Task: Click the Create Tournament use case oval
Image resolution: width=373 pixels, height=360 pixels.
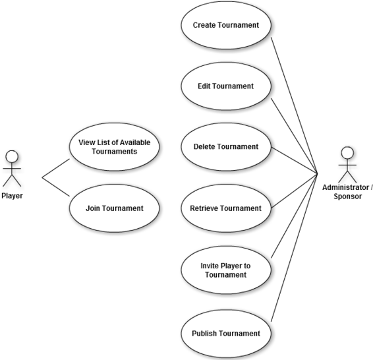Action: [226, 25]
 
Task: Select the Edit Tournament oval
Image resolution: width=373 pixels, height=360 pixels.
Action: [226, 86]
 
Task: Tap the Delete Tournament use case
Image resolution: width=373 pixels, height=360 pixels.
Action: [226, 146]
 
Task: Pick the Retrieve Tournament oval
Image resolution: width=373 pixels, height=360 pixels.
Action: [226, 208]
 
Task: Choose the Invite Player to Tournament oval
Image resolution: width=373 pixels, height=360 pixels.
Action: [226, 270]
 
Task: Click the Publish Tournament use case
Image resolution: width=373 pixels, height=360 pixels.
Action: [226, 334]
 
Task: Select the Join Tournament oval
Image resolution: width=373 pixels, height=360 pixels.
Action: [115, 208]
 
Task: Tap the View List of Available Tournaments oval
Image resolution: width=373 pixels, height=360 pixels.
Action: [115, 146]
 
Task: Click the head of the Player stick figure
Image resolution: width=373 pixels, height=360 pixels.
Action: [12, 156]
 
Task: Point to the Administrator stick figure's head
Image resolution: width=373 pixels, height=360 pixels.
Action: [347, 152]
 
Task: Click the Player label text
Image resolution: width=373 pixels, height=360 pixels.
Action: [12, 196]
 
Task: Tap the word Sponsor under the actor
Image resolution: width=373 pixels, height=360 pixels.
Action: [347, 196]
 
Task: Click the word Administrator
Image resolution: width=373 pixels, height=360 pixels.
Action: [346, 187]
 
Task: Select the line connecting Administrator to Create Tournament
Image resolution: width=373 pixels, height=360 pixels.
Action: [295, 105]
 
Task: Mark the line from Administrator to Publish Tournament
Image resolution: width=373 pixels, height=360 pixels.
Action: [295, 247]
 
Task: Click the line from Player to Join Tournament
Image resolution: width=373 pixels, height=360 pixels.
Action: [56, 187]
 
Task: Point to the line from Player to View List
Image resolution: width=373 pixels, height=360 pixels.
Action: [56, 168]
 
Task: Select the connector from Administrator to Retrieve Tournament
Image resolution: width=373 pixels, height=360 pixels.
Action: [295, 191]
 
